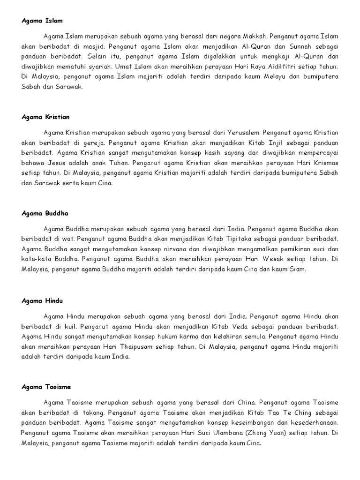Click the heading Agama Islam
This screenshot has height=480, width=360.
click(x=42, y=21)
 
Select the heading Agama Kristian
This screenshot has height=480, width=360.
click(x=45, y=117)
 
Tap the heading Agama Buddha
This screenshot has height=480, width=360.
click(x=45, y=213)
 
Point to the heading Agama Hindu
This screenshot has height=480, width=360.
click(x=42, y=300)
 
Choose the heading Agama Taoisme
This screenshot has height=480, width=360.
click(x=46, y=387)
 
